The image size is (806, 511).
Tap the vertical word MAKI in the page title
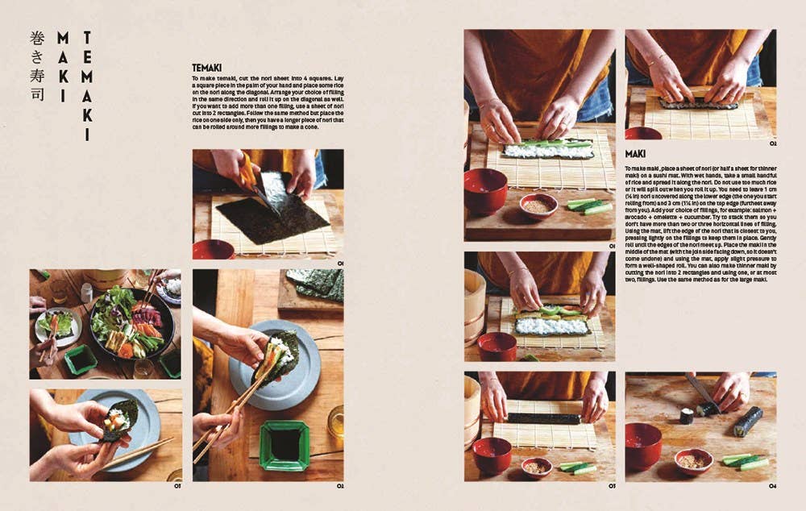pos(62,68)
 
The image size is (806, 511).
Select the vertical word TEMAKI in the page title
pos(86,86)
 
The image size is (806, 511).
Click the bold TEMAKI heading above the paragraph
pos(207,68)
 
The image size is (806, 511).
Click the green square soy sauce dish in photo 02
pos(284,445)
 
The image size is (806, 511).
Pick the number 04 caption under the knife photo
pos(771,486)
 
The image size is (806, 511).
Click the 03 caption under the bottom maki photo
pos(611,486)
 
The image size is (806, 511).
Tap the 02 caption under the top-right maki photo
pos(771,144)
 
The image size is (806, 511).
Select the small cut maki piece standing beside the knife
pos(686,415)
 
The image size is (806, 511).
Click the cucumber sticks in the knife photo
pos(746,461)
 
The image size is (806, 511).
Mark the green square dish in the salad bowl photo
pos(81,359)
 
